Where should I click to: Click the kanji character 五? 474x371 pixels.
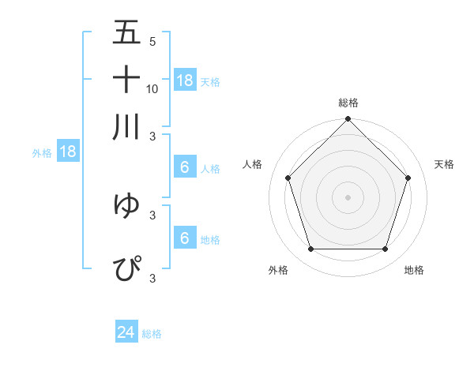(x=126, y=33)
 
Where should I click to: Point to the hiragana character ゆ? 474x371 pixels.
(x=126, y=205)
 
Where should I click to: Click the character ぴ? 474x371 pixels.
(x=126, y=268)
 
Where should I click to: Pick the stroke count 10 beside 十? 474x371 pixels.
(x=152, y=88)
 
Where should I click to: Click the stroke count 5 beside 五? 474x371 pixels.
(x=152, y=42)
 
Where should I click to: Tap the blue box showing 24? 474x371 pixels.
(x=126, y=333)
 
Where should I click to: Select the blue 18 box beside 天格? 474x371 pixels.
(x=185, y=81)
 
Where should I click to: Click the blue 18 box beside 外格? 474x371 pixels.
(x=68, y=152)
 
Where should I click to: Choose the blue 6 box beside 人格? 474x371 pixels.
(x=185, y=167)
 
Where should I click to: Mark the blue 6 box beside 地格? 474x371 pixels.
(x=185, y=238)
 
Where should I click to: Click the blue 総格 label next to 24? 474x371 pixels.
(x=152, y=334)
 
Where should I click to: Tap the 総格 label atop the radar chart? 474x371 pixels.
(x=348, y=103)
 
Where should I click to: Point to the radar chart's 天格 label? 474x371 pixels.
(x=444, y=164)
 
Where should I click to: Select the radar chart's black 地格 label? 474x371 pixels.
(x=414, y=270)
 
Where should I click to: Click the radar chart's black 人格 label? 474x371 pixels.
(x=253, y=164)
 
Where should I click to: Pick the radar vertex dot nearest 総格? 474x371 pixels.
(x=348, y=120)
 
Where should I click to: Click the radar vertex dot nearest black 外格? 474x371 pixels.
(x=310, y=249)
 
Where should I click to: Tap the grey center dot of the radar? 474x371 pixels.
(x=348, y=197)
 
